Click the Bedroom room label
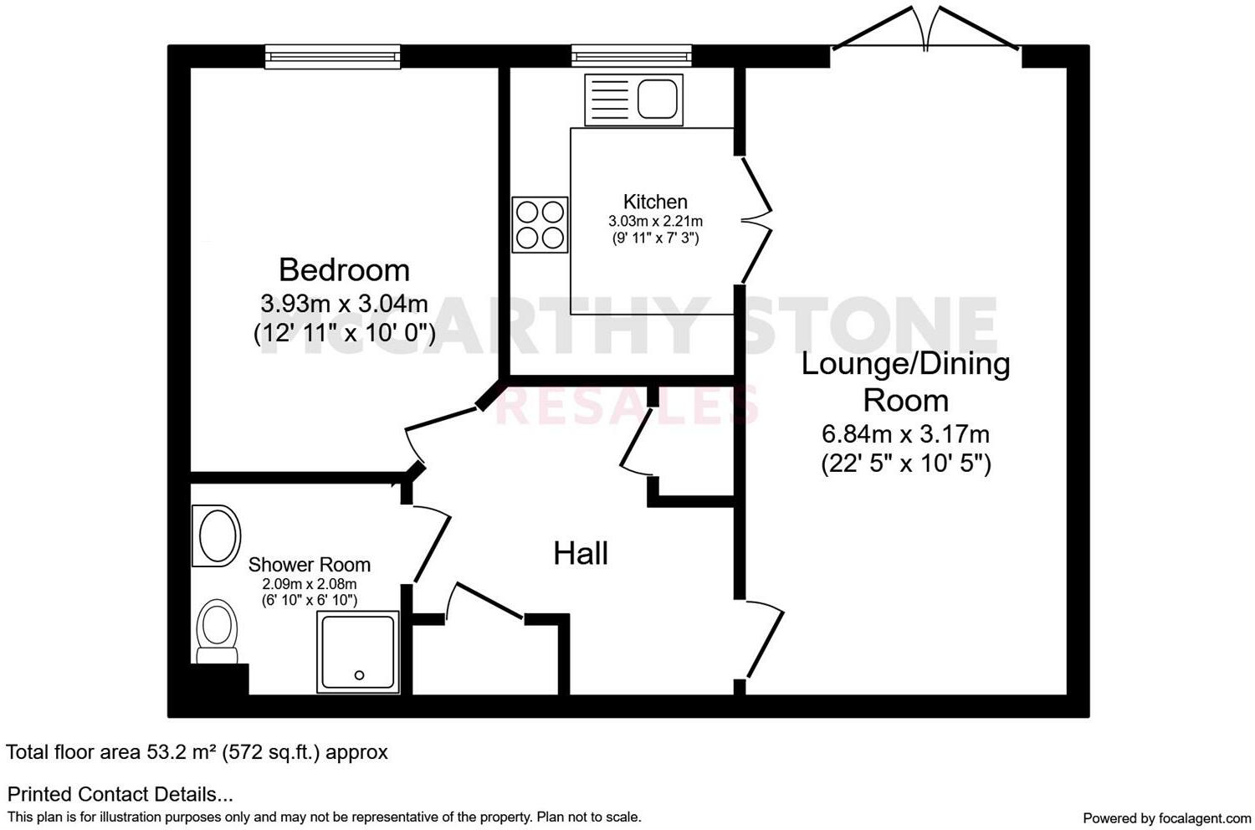[344, 269]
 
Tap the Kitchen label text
[655, 202]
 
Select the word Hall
[581, 553]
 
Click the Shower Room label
[309, 565]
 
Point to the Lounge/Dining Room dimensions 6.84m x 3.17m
[905, 434]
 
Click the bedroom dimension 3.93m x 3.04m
[344, 302]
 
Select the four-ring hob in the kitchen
[540, 224]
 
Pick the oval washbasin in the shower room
[217, 535]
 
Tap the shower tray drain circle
[360, 675]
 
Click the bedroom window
[332, 56]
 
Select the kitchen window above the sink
[633, 56]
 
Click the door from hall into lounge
[764, 640]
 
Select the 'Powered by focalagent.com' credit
[1166, 817]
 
